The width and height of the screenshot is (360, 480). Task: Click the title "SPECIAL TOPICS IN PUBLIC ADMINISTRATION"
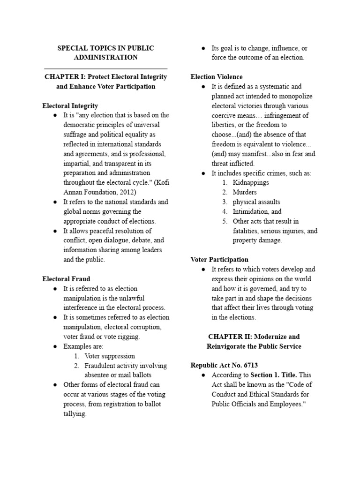pos(105,52)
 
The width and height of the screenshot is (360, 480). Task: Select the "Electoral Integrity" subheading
pos(70,106)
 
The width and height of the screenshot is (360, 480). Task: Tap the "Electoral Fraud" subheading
pos(66,279)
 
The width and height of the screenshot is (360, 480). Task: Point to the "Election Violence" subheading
pos(217,77)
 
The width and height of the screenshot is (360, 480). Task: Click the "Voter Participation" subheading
pos(219,260)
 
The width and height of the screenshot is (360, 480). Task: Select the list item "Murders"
pos(245,192)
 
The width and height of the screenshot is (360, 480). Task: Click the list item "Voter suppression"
pos(110,356)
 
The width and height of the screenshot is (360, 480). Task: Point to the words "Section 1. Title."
pos(274,375)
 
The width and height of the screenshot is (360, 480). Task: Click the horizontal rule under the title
pos(105,68)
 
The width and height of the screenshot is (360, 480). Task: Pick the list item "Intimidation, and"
pos(257,211)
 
